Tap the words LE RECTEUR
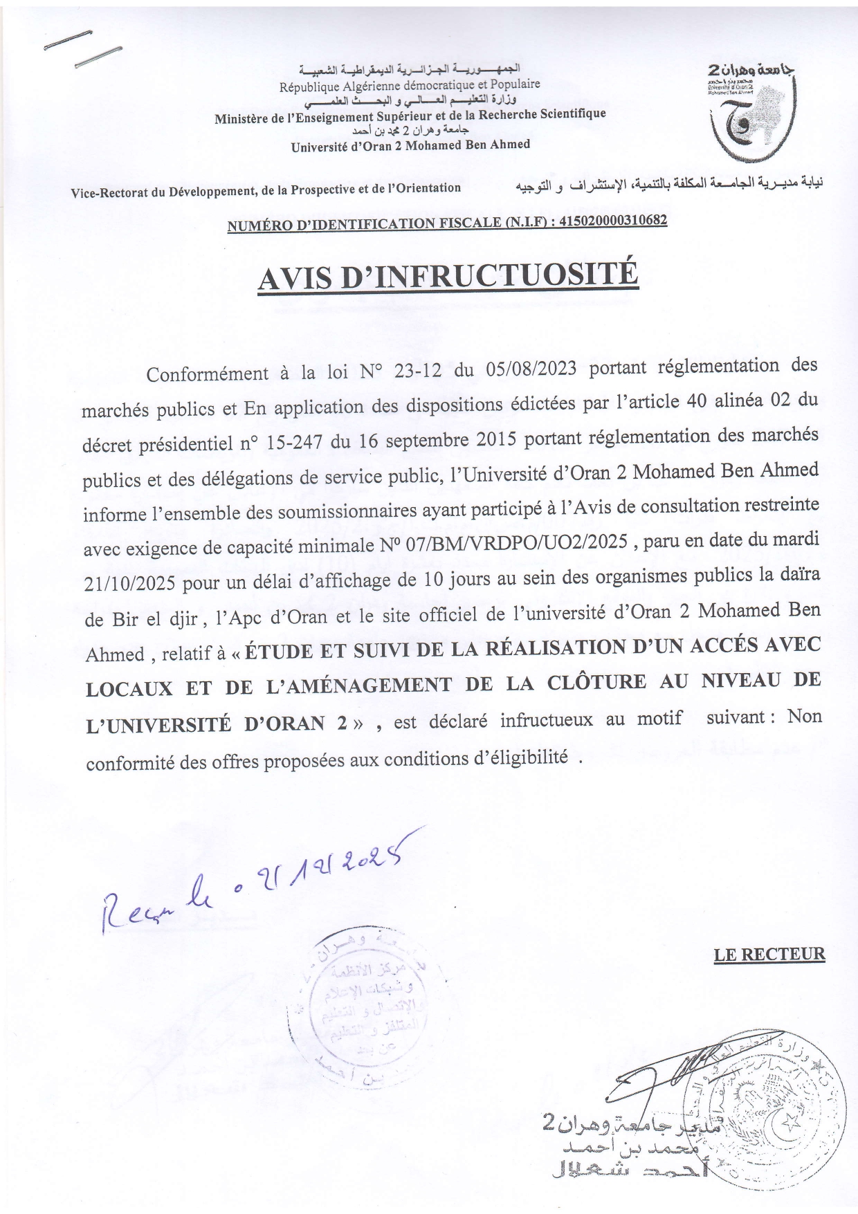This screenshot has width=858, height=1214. point(769,955)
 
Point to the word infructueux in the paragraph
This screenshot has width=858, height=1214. point(547,720)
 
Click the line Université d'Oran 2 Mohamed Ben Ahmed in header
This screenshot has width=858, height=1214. point(410,145)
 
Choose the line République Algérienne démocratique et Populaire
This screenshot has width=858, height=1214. point(410,86)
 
